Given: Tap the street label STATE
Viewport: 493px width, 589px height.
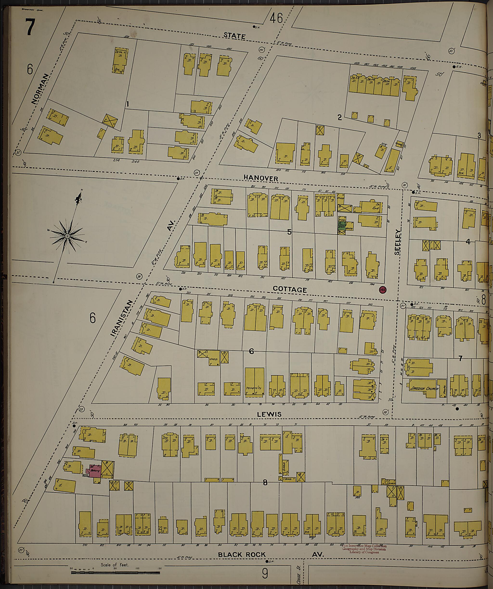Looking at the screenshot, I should [x=234, y=36].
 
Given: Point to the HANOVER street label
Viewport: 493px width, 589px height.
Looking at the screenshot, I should [x=261, y=178].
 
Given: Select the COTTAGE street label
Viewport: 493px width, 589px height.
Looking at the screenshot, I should [x=290, y=289].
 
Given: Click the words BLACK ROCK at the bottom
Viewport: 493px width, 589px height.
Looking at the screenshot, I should [x=242, y=555].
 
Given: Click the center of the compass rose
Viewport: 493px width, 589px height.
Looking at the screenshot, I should [x=67, y=237].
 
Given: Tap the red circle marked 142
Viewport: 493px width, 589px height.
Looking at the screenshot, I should [x=382, y=290].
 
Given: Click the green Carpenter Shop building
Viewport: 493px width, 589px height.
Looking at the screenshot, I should [x=342, y=226].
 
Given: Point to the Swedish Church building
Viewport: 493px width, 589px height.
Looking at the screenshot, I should [x=423, y=389].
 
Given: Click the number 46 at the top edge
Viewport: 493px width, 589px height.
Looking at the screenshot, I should [x=276, y=19].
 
